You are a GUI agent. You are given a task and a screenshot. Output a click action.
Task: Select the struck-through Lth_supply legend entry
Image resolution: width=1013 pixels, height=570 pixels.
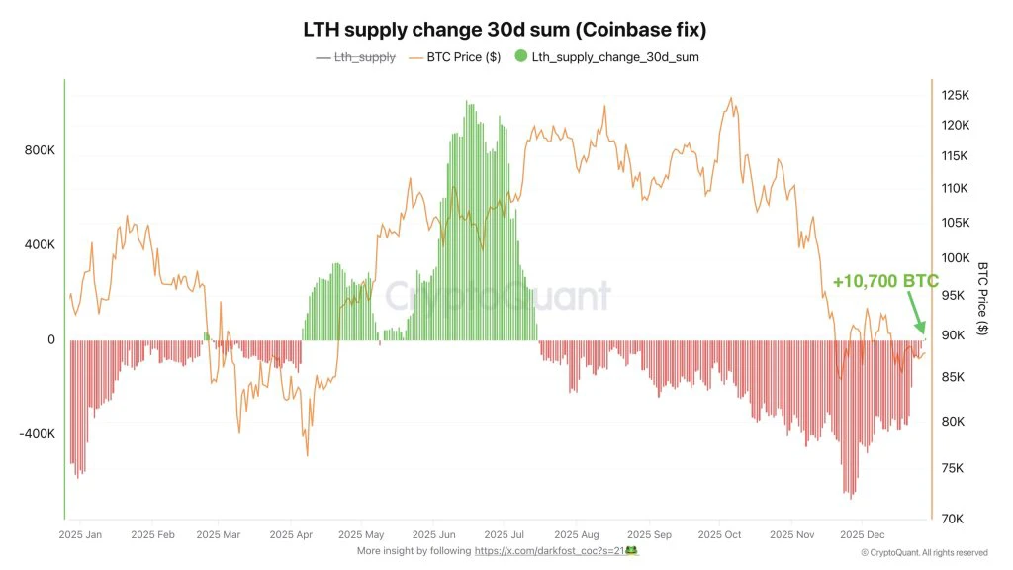coord(355,57)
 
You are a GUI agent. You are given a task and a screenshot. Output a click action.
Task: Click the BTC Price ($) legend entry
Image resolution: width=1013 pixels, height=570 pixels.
coord(462,57)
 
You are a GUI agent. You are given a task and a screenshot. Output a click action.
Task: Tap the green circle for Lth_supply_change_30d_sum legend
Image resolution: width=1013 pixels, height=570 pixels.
coord(521,57)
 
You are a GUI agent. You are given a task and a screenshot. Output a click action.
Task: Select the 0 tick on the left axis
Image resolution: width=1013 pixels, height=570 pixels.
coord(50,340)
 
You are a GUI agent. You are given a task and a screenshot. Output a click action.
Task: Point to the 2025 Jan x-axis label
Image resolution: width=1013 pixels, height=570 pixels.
coord(80,534)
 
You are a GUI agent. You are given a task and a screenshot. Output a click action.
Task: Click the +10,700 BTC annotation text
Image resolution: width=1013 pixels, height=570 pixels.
coord(884,282)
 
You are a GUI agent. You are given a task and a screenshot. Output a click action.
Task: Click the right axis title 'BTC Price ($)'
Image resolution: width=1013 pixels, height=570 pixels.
coord(982,299)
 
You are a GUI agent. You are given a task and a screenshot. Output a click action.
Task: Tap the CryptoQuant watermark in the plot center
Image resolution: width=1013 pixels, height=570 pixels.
coord(497,296)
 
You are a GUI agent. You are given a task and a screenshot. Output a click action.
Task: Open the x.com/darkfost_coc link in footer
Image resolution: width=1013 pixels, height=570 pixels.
coord(553,550)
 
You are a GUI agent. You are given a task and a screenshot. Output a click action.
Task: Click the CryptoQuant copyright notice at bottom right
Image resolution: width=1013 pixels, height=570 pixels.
coord(923,552)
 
